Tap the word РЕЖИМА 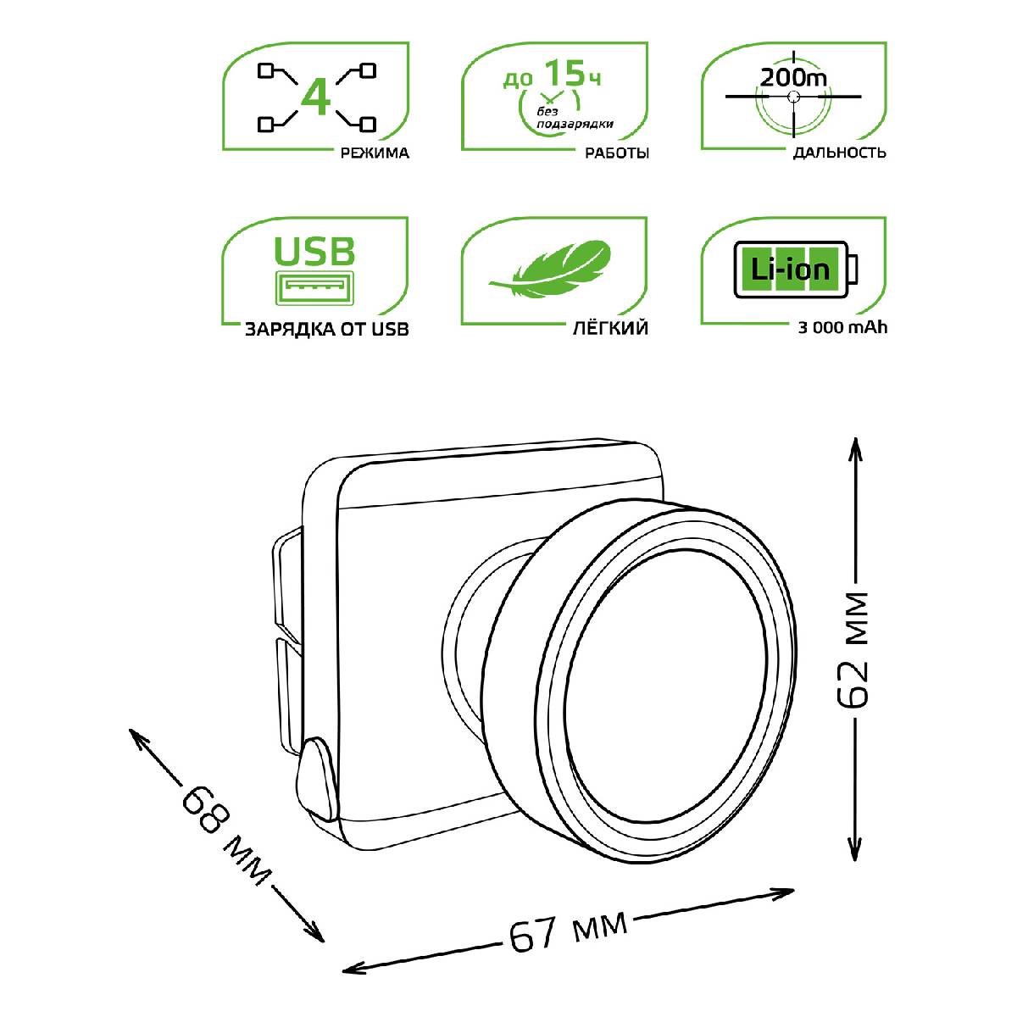375,153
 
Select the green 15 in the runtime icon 564,73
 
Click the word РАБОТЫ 616,153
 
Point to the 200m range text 793,78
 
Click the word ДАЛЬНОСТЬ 839,153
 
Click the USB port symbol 314,287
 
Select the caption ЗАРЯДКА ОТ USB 326,330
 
